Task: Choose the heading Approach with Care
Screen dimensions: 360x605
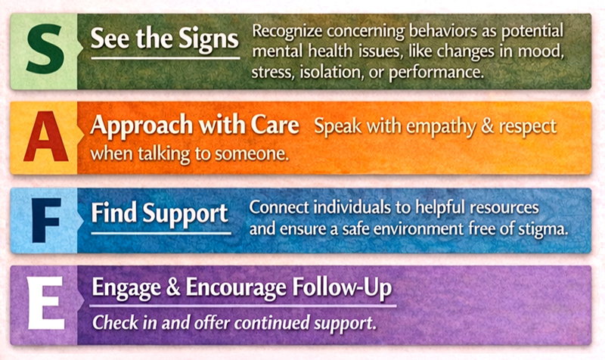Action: (x=194, y=126)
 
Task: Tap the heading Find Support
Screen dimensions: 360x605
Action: (x=160, y=213)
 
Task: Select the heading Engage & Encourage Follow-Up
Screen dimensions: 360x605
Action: (x=242, y=288)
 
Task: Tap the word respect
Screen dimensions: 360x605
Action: (x=531, y=126)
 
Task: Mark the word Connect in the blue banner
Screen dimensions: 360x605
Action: (x=275, y=206)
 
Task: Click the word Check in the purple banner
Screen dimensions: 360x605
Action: (x=112, y=321)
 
